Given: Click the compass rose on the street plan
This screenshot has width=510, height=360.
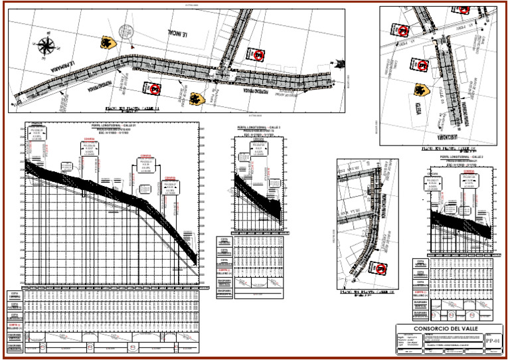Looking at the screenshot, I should (46, 45).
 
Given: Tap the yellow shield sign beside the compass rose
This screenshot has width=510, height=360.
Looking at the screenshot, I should (106, 43).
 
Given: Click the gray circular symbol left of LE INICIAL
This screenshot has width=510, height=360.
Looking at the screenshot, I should (125, 31).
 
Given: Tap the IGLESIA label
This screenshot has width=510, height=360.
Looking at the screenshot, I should (438, 110).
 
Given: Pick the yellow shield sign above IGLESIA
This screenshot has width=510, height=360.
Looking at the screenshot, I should (420, 89).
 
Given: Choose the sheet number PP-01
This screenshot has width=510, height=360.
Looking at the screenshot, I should (491, 341).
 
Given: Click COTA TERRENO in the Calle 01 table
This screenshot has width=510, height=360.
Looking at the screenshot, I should (14, 295).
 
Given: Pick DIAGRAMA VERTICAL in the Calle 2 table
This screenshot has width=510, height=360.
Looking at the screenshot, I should (420, 304).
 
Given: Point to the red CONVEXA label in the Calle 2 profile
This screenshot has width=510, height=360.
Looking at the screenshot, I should (468, 170).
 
